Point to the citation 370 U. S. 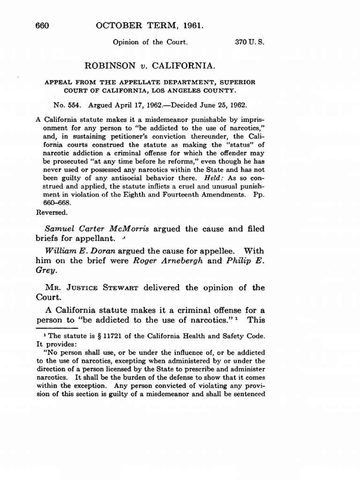point(250,42)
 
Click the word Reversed point(52,211)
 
